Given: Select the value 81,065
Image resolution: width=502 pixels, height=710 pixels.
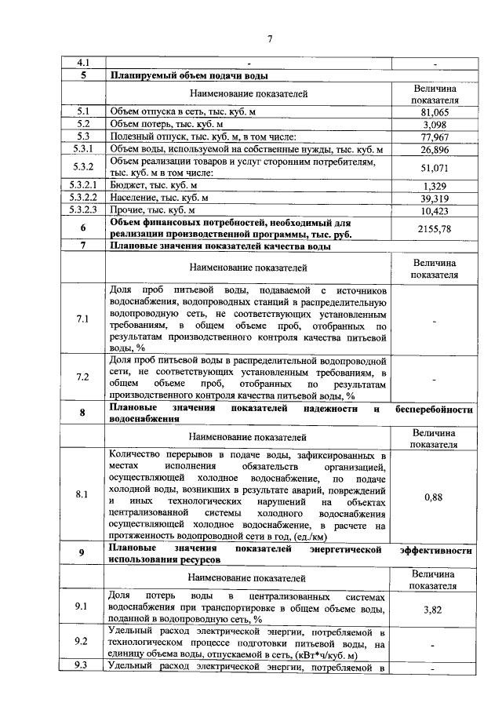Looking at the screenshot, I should (x=434, y=112).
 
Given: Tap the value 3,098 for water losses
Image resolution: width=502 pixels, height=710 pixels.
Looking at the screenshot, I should (x=434, y=125).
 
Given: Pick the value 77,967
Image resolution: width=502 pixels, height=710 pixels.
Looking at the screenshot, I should (x=434, y=137).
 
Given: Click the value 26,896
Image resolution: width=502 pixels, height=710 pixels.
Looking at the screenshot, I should (x=434, y=149).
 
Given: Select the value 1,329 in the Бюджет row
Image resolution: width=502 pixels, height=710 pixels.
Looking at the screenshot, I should (x=434, y=186).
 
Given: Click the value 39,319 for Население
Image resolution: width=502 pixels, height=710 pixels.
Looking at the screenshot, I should (x=434, y=198).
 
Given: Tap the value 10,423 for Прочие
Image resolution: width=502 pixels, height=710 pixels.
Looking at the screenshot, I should (x=434, y=210).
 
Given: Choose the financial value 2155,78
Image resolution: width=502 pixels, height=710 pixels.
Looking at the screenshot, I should (x=434, y=228).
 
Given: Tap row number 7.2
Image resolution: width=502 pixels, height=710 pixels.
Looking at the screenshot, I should (x=82, y=377).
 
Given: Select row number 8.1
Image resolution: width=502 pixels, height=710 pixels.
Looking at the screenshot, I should (x=82, y=495).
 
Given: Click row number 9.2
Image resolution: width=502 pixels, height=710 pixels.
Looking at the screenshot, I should (x=82, y=642).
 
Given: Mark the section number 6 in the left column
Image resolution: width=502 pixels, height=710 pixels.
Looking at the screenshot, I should (x=82, y=228).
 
